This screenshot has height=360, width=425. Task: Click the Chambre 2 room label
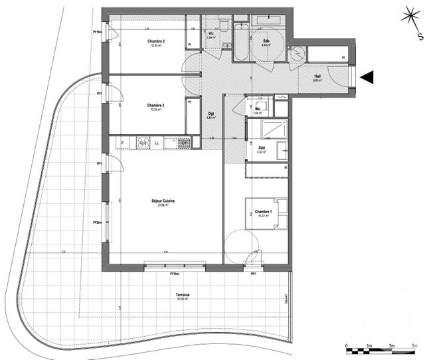tap(156, 41)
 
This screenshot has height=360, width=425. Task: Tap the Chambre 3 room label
tap(156, 105)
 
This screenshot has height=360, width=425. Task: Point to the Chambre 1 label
tap(262, 211)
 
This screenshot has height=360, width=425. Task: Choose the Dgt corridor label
tap(210, 113)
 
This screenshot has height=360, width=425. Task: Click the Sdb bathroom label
tap(266, 41)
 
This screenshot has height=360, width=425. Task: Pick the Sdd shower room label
tap(261, 147)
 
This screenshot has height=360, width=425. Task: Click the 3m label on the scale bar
tap(414, 347)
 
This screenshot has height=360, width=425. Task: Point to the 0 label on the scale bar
tap(347, 347)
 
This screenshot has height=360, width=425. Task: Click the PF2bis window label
tap(98, 222)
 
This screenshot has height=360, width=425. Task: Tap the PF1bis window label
tap(97, 31)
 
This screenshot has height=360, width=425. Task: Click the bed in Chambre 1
tap(267, 213)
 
